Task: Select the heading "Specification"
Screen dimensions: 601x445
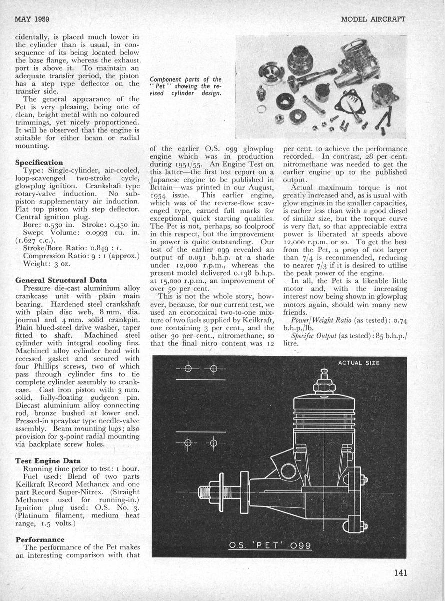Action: click(39, 163)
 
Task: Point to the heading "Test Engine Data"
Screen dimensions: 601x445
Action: click(47, 460)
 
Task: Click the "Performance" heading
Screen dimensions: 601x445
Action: click(40, 539)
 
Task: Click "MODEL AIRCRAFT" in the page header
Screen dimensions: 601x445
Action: click(373, 19)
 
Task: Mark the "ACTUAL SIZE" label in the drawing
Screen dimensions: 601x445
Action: click(358, 363)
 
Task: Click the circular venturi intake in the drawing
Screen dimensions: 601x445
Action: click(288, 471)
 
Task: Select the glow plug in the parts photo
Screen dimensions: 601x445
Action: click(260, 93)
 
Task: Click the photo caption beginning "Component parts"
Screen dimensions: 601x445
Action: click(186, 86)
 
